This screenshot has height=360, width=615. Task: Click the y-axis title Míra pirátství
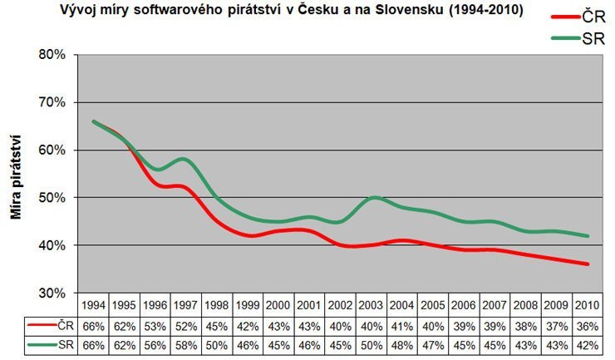click(x=16, y=174)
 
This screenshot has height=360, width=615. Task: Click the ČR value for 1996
click(x=155, y=325)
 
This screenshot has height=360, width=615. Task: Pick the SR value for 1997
click(x=187, y=343)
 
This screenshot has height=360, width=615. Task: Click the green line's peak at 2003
click(x=375, y=198)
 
